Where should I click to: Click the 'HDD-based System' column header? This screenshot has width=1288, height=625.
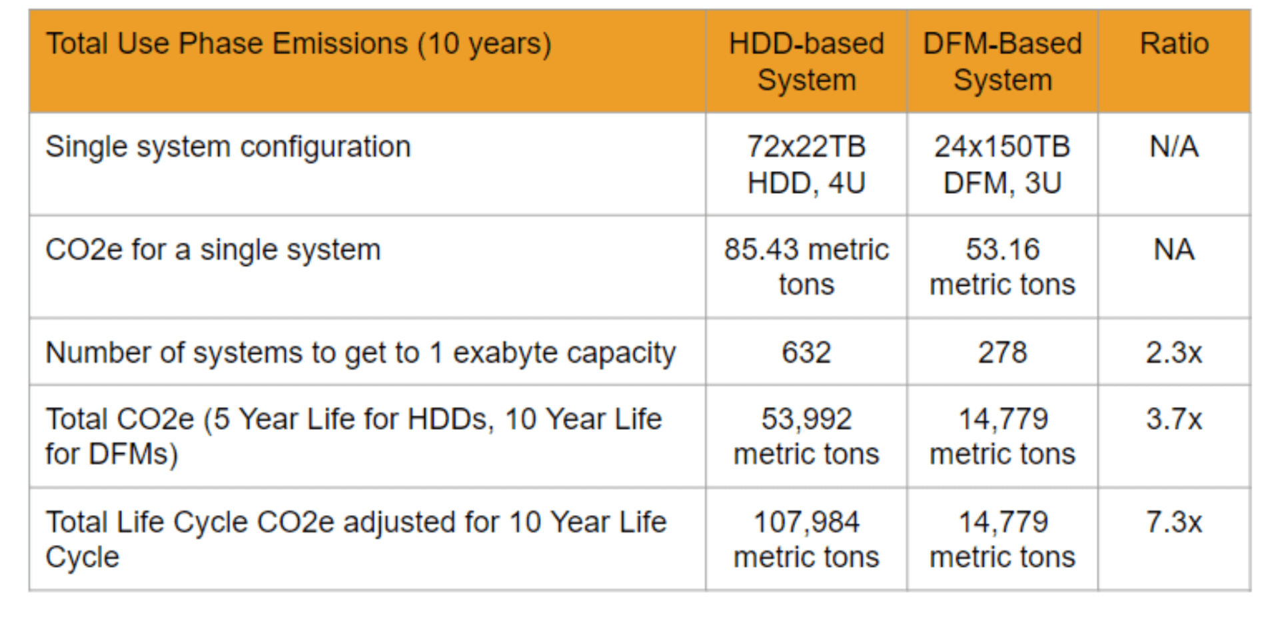806,61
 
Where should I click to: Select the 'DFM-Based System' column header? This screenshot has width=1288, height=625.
1002,61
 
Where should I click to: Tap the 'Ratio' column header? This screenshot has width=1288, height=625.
1174,44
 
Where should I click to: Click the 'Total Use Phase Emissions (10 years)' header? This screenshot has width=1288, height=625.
299,45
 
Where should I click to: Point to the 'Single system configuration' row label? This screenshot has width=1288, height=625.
228,147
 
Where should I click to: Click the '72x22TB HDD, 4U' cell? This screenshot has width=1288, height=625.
806,165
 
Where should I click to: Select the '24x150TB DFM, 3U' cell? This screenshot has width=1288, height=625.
1002,165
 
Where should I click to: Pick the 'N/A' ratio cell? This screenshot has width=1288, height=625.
1174,147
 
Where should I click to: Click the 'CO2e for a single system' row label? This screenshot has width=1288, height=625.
213,250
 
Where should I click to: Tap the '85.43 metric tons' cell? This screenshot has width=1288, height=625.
806,267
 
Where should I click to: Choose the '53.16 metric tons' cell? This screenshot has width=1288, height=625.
1002,267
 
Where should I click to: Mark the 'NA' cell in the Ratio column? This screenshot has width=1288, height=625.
1174,250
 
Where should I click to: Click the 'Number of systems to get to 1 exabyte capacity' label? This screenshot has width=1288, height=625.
360,353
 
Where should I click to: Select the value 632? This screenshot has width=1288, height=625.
806,352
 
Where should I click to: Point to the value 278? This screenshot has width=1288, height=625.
1002,352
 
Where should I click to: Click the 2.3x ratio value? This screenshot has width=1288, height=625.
1174,352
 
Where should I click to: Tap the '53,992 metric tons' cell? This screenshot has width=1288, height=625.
806,436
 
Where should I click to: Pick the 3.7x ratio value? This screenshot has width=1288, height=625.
1174,419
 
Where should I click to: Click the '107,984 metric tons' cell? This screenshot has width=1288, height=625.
806,539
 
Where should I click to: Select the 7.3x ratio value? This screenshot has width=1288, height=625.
1174,522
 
